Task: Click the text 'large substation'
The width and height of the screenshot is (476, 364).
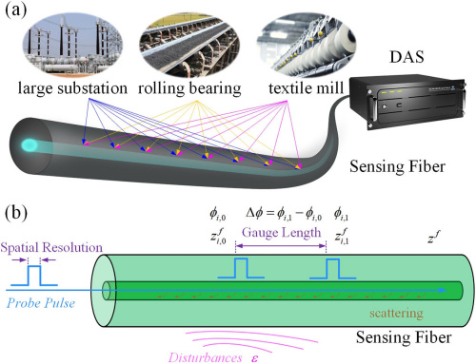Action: [72, 91]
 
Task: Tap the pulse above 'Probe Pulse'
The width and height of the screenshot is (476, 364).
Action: [36, 275]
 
